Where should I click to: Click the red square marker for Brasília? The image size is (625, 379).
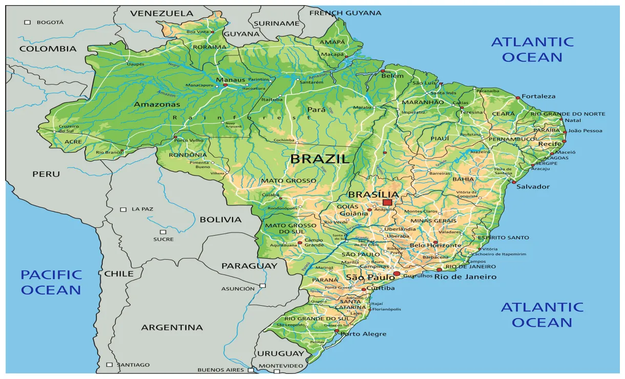coord(387,202)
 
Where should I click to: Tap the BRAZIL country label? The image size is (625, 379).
coord(320,159)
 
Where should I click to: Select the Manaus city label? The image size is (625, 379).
coord(227,80)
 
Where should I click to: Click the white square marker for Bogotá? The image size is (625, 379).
coord(28,22)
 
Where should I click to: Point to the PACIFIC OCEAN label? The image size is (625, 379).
coord(51,282)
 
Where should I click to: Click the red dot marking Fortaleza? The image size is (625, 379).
coord(517,97)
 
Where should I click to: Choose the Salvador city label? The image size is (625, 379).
coord(533,186)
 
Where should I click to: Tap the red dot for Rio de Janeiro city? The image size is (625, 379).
coord(439,269)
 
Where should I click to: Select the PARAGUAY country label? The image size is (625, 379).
coord(249,266)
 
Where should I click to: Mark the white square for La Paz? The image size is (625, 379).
coord(123,209)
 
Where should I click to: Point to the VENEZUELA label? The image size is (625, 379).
coord(161,13)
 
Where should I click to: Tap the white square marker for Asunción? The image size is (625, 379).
coord(262,286)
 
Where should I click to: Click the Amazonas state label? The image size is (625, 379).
coord(157,104)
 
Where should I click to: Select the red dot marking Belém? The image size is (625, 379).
coord(382,71)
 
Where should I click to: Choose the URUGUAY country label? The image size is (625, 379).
coord(280,353)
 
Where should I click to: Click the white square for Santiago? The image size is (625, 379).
coord(109,365)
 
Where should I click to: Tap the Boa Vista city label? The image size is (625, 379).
coord(198,32)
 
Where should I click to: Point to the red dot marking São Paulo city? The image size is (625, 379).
coord(397,274)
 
